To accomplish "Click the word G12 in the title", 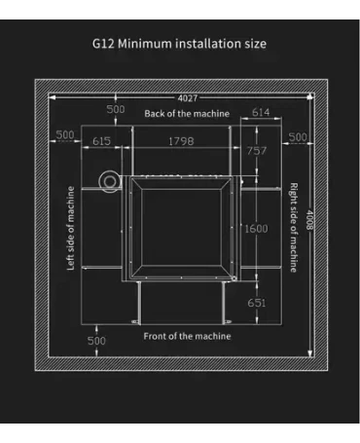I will pyautogui.click(x=102, y=43).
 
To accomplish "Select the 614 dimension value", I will pyautogui.click(x=261, y=114).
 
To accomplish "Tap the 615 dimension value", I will pyautogui.click(x=101, y=141).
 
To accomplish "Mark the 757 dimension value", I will pyautogui.click(x=254, y=152).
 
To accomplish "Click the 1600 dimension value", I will pyautogui.click(x=254, y=229).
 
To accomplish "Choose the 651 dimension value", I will pyautogui.click(x=255, y=303).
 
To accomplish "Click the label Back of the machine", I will pyautogui.click(x=187, y=114).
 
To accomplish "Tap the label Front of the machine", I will pyautogui.click(x=187, y=336).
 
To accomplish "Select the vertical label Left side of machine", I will pyautogui.click(x=70, y=229).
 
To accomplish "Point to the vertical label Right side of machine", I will pyautogui.click(x=292, y=227).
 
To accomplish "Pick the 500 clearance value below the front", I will pyautogui.click(x=96, y=341).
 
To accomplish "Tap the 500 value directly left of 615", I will pyautogui.click(x=65, y=134).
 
